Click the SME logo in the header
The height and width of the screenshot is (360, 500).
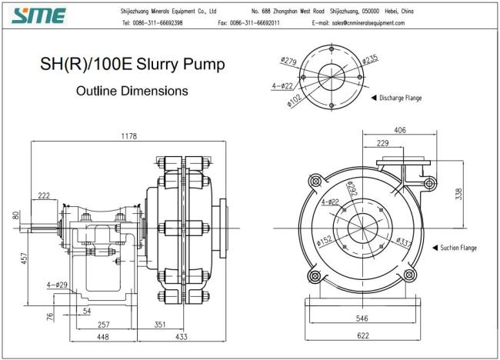pos(38,15)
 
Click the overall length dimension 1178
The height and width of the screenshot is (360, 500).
pos(128,136)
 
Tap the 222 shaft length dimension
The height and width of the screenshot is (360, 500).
pos(44,195)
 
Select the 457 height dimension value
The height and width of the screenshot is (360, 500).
pos(25,258)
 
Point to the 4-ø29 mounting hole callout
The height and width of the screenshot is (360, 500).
pos(57,285)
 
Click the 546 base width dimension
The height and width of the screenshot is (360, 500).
pos(362,318)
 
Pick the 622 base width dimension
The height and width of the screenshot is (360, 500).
pos(363,335)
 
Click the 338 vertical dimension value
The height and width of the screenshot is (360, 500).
pos(458,194)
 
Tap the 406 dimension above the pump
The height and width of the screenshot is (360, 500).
pos(400,130)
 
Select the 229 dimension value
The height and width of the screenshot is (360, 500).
pos(382,143)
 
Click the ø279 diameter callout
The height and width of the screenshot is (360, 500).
pos(289,61)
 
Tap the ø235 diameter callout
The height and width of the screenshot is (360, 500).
pos(370,59)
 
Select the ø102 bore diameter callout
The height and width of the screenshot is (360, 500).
pos(294,101)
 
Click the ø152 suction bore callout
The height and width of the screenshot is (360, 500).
pos(325,241)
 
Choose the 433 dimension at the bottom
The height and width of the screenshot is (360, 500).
pos(181,336)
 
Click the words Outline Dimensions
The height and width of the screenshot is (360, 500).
pos(132,91)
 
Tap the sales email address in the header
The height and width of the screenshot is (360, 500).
pos(368,23)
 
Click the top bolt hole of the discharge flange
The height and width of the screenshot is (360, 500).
pos(332,48)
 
